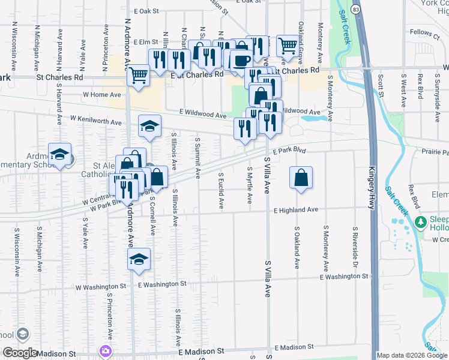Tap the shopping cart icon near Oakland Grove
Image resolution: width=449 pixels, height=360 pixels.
tap(288, 45)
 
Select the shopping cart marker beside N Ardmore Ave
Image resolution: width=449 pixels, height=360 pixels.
tap(139, 75)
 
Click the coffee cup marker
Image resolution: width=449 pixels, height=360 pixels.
tap(242, 61)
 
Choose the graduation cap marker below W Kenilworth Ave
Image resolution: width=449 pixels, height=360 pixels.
tap(149, 126)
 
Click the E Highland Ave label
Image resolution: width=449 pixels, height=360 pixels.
tap(295, 210)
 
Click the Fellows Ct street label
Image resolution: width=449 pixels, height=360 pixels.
tap(426, 32)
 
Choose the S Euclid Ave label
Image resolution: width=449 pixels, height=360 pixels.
tap(221, 191)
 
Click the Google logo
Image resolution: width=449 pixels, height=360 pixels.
tap(20, 352)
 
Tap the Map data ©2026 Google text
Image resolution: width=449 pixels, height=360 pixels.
tap(412, 355)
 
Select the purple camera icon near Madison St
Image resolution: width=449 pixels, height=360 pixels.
tap(106, 350)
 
